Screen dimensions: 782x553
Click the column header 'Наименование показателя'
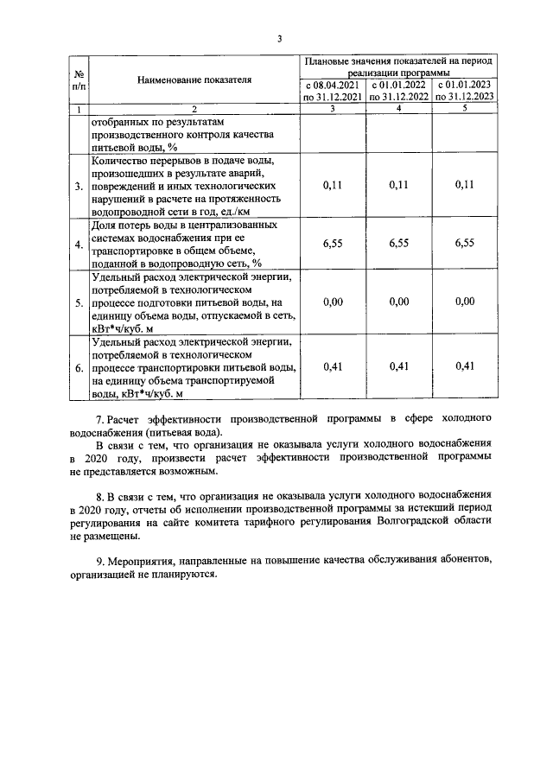point(194,79)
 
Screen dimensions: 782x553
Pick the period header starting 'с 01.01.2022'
point(398,92)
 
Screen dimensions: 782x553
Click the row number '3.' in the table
point(79,186)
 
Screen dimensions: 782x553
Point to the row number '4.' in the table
point(79,245)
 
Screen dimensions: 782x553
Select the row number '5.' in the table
point(79,303)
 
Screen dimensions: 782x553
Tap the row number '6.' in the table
point(79,368)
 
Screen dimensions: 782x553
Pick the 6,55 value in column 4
point(398,244)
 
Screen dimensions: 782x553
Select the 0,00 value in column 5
point(465,302)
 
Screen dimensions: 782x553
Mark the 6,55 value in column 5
point(465,244)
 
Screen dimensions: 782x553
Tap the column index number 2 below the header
point(194,109)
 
